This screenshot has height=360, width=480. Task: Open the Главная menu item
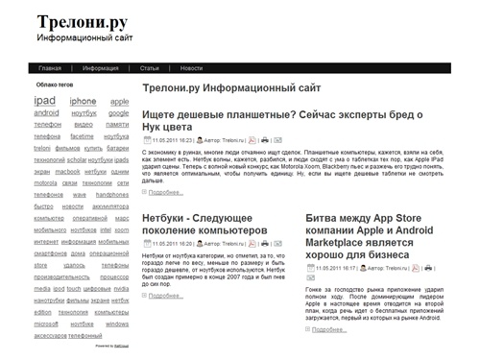tap(51, 68)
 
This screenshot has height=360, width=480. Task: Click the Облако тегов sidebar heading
tap(54, 85)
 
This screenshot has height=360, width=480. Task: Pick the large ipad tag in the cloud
tap(44, 100)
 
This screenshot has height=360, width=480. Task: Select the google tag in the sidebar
tap(118, 112)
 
